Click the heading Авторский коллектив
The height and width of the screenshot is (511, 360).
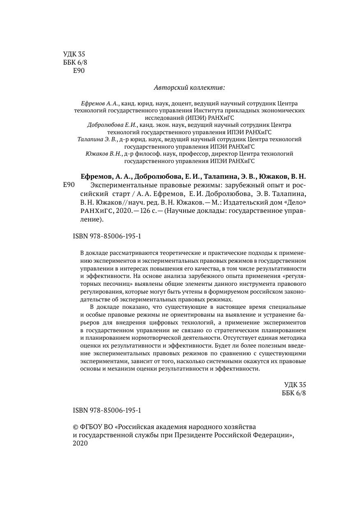click(x=189, y=87)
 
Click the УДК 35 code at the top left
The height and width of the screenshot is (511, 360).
click(x=74, y=54)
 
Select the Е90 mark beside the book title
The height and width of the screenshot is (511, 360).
click(x=69, y=185)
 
